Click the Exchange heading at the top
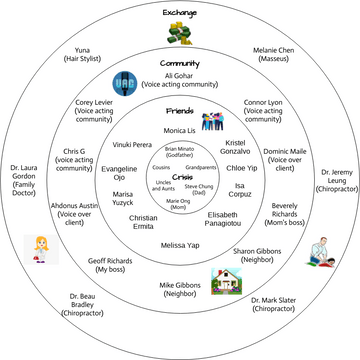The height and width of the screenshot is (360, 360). click(x=180, y=13)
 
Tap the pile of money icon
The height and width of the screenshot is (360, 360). click(x=180, y=33)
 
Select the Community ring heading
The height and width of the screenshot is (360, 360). click(x=180, y=63)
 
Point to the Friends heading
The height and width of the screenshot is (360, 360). click(x=180, y=113)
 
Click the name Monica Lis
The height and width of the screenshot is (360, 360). click(x=180, y=131)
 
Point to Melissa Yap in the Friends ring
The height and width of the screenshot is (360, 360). click(x=180, y=245)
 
